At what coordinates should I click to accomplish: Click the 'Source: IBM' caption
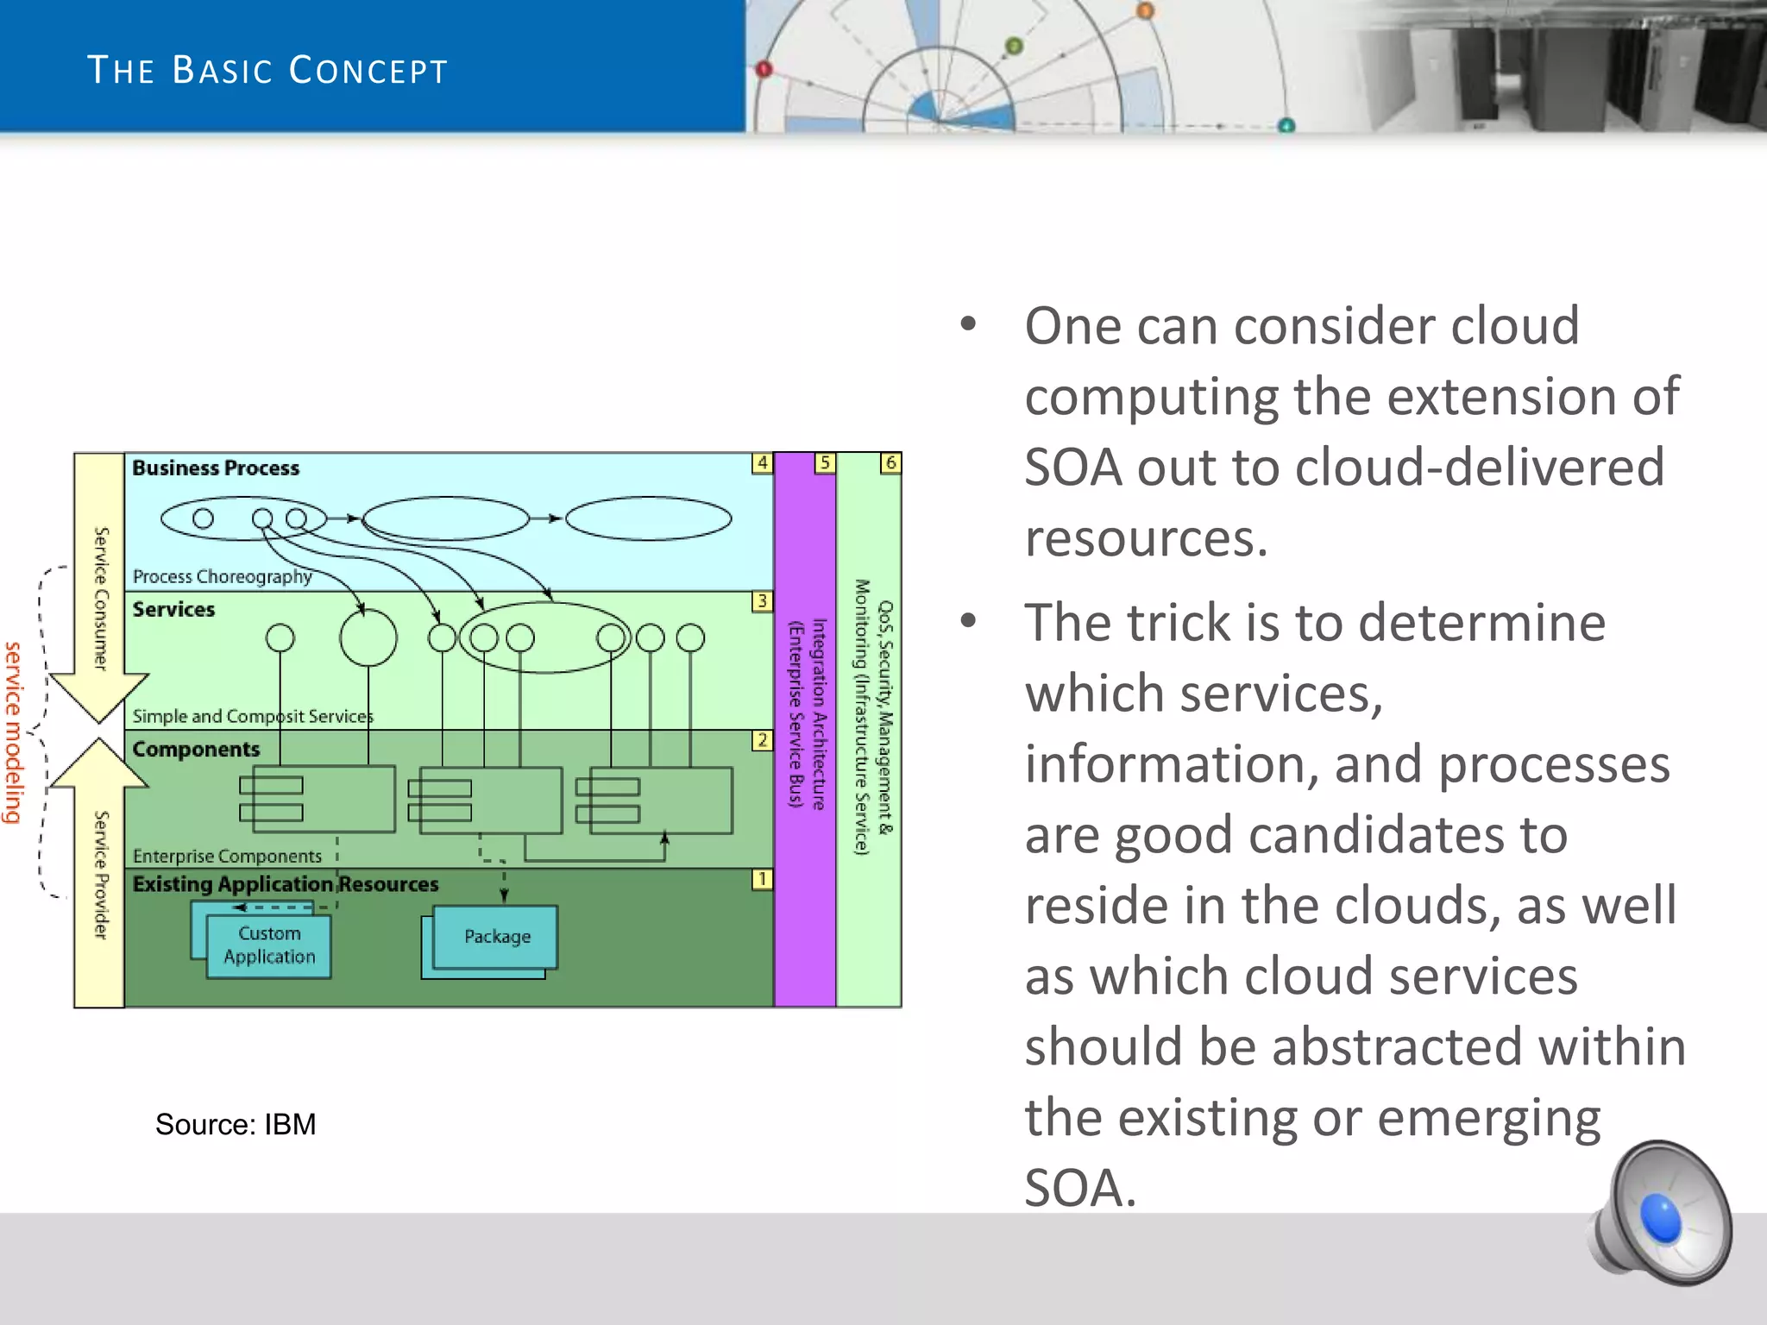(236, 1125)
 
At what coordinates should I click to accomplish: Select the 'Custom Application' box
(269, 945)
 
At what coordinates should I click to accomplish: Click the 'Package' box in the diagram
(496, 937)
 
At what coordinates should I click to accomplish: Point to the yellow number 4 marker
(762, 463)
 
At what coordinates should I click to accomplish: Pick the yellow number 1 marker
(762, 880)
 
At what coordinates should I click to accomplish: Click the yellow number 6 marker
(890, 463)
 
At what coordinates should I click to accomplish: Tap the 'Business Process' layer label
(216, 468)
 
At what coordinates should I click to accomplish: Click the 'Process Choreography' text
(222, 576)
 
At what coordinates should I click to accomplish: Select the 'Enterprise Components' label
(227, 857)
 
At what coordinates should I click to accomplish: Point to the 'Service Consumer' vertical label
(101, 599)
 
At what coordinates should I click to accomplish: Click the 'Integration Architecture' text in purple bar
(819, 714)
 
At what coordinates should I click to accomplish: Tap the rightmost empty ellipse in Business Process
(648, 518)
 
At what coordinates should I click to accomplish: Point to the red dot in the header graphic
(764, 69)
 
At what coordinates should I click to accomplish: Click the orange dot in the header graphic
(1145, 11)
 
